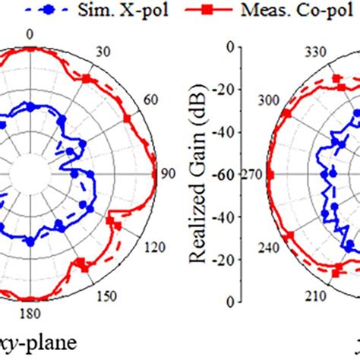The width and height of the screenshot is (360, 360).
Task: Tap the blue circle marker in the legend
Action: coord(48,11)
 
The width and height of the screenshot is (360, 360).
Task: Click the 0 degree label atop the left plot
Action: coord(29,35)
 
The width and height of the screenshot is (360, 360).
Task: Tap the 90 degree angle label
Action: coord(168,174)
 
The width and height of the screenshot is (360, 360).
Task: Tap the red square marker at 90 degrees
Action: coord(155,174)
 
